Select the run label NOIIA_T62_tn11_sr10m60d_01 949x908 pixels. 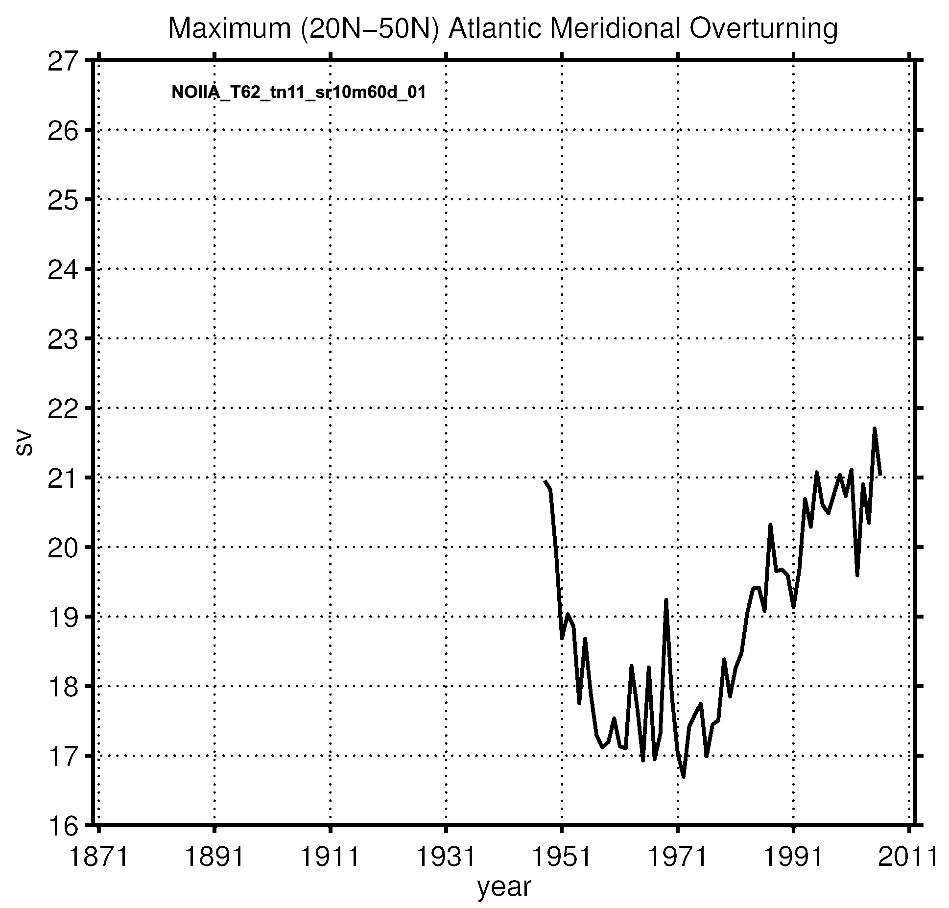298,92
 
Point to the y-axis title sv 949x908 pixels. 24,444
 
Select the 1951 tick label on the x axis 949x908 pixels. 562,857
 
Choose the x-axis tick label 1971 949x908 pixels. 678,857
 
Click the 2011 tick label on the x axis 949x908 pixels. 909,857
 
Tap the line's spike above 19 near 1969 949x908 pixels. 666,600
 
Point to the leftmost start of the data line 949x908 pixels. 545,481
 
